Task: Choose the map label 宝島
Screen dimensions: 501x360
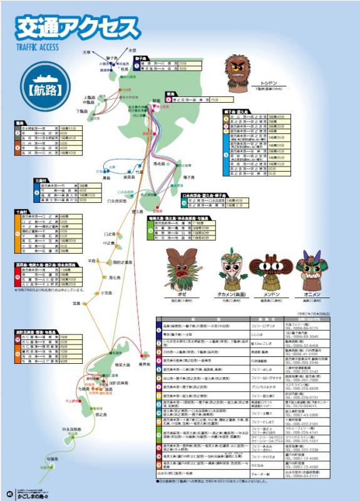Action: (76, 303)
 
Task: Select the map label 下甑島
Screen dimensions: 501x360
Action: (82, 111)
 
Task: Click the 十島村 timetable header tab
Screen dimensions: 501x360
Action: (22, 211)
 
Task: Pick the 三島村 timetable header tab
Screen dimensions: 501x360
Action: (43, 180)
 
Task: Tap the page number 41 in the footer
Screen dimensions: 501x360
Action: (9, 491)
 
